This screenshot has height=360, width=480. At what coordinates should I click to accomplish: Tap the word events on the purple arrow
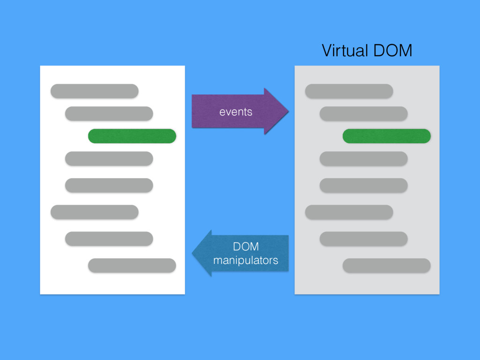[236, 112]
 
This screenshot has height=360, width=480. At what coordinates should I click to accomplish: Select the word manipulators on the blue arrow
[246, 260]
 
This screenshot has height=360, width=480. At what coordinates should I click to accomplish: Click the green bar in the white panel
[132, 136]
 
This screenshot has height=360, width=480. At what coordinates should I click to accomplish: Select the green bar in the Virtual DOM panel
[386, 136]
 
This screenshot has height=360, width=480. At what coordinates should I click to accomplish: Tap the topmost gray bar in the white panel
[94, 91]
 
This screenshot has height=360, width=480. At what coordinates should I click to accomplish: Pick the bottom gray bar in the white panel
[132, 265]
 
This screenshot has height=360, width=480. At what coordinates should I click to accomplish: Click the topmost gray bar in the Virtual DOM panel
[349, 91]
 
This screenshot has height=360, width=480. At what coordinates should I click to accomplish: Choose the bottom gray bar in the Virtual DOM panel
[386, 265]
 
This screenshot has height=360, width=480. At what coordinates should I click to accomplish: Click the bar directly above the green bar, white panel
[109, 113]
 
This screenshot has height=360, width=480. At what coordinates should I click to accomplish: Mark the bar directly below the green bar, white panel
[109, 158]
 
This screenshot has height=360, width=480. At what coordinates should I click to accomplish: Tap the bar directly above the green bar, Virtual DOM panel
[363, 113]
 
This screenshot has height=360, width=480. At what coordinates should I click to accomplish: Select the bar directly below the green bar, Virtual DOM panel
[363, 158]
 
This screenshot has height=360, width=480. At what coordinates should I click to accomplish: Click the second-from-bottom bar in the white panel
[109, 239]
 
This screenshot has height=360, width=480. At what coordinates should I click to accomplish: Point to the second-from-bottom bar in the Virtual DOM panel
[363, 239]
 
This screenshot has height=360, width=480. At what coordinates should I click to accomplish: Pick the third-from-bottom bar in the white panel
[94, 212]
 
